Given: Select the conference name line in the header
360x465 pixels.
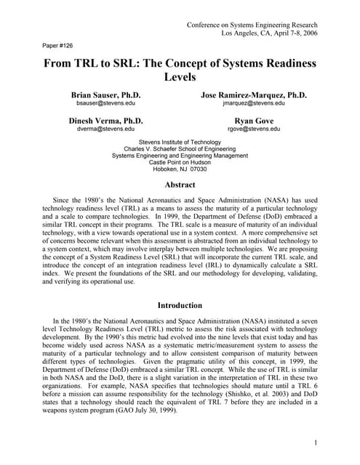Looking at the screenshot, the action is click(x=252, y=25).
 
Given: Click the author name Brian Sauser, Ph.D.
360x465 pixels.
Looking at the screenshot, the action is click(x=105, y=95).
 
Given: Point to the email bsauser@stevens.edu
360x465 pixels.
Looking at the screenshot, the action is click(x=105, y=104).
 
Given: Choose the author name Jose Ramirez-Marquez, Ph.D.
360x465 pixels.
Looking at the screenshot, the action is click(x=253, y=95).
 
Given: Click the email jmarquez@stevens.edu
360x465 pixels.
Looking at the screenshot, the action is click(x=253, y=104).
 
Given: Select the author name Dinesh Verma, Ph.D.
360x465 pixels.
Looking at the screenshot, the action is click(x=105, y=120).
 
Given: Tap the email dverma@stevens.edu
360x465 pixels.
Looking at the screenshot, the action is click(x=105, y=129).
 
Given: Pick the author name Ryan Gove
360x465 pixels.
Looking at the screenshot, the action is click(x=253, y=120).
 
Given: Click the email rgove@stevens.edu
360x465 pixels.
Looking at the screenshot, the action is click(x=253, y=129).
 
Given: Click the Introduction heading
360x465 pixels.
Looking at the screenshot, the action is click(x=180, y=305).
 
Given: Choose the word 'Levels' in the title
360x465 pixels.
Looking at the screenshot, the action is click(x=180, y=76).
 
